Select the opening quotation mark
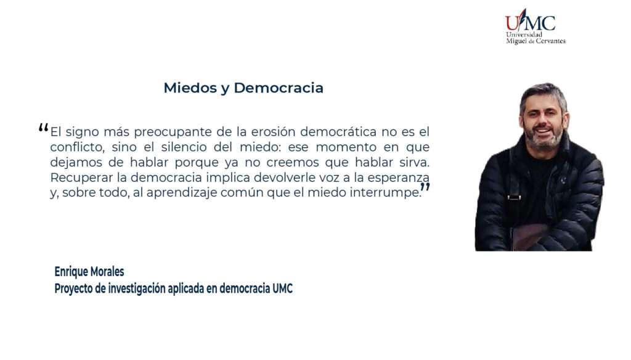pyautogui.click(x=44, y=128)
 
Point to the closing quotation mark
pyautogui.click(x=425, y=187)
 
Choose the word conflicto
pyautogui.click(x=77, y=147)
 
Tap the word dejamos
pyautogui.click(x=76, y=162)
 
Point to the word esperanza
pyautogui.click(x=399, y=178)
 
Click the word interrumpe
pyautogui.click(x=385, y=193)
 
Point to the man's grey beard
pyautogui.click(x=544, y=139)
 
